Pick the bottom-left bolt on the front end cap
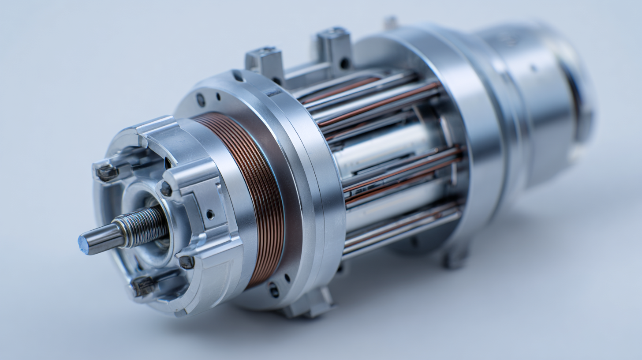coord(144,286)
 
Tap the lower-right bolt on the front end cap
coord(187,262)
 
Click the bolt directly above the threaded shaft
coord(166,189)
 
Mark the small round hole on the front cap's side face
coord(210,214)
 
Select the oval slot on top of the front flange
coord(238,76)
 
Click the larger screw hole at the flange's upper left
coord(201,100)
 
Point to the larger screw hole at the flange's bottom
coord(274,290)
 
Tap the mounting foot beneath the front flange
coord(309,304)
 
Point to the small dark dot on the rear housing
coord(534,68)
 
